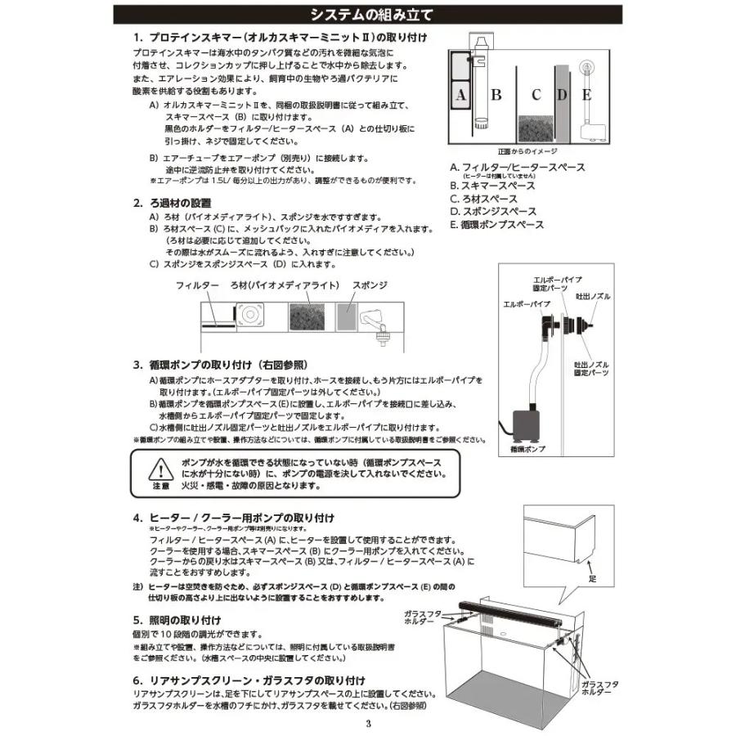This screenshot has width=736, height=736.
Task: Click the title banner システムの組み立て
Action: pos(367,16)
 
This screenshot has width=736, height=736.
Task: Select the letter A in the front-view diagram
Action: pos(460,96)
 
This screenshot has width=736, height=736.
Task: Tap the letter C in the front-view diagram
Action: pos(536,95)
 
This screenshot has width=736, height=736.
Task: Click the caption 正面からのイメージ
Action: pos(527,152)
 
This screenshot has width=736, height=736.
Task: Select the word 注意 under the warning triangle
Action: pos(160,486)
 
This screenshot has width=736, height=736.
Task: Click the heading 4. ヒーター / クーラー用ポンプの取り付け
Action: pos(233,518)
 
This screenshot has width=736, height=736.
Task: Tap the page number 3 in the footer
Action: pos(368,723)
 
